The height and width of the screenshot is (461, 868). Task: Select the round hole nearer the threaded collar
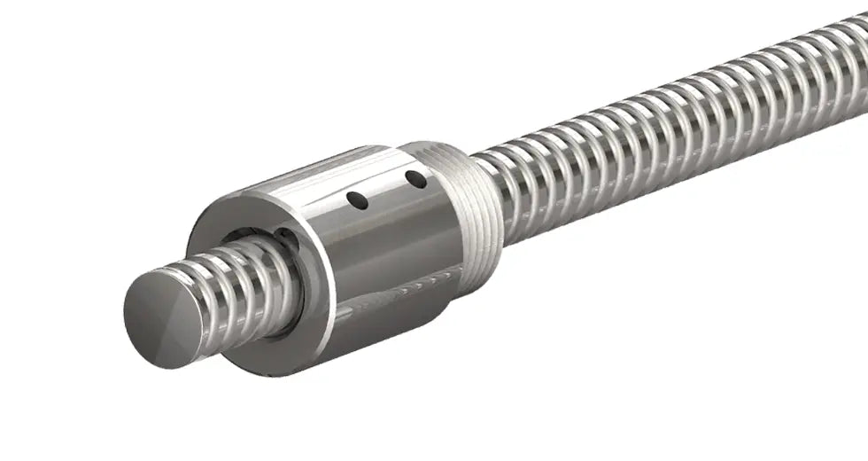[415, 180]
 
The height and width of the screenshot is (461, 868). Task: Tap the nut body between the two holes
[387, 191]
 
